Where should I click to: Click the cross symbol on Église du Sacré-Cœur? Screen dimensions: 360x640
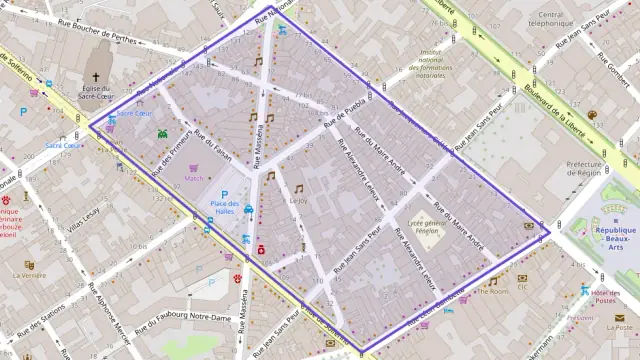(97, 77)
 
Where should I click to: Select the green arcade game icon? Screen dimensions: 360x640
(162, 131)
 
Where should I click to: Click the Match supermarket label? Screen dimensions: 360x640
(194, 179)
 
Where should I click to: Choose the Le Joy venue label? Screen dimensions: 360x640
(298, 200)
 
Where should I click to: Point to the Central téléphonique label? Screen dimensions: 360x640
(551, 19)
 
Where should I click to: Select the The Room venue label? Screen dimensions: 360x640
(492, 292)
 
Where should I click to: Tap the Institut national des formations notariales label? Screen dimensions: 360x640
(431, 64)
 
